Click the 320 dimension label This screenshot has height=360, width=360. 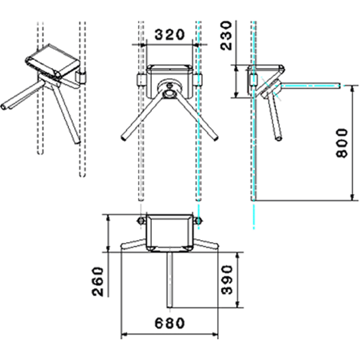tap(169, 34)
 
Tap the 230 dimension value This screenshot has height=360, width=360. tap(226, 35)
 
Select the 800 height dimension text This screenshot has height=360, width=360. tap(342, 143)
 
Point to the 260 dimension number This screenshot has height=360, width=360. tap(98, 281)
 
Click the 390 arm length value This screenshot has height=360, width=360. tap(227, 280)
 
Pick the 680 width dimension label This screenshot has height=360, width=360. tap(169, 323)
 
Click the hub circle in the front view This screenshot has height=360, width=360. tap(169, 93)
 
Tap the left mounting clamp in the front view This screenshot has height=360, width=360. tap(141, 79)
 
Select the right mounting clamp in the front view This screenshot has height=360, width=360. tap(198, 79)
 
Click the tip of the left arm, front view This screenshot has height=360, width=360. tap(123, 138)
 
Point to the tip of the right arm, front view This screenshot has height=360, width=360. tap(215, 138)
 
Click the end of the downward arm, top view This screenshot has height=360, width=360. tap(169, 307)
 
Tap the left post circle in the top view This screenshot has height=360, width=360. tap(141, 221)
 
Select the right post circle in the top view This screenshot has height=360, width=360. tap(198, 221)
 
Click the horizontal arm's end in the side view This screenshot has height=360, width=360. tap(339, 85)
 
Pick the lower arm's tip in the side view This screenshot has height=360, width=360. tap(279, 139)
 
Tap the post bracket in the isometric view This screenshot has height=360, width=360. tap(81, 77)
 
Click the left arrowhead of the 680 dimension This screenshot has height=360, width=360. tap(124, 335)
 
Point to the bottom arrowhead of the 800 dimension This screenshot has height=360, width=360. tap(352, 197)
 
